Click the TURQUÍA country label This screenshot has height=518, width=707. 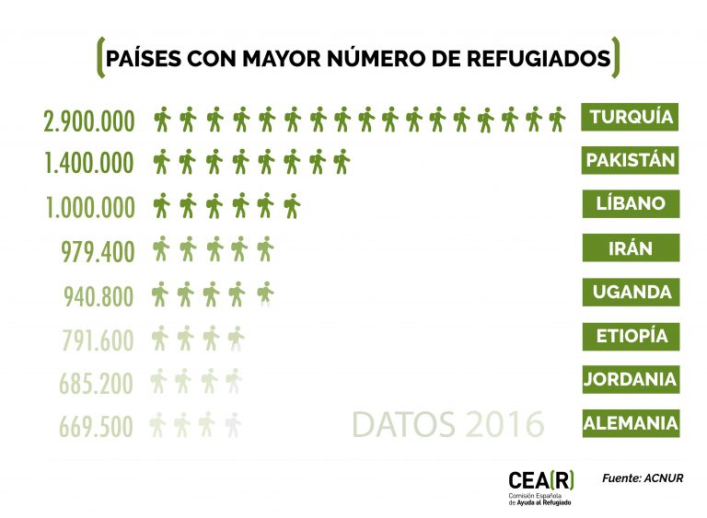click(630, 117)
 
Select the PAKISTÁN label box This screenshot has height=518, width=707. click(630, 160)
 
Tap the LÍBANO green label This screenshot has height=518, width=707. click(631, 203)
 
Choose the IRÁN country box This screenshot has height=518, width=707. click(631, 247)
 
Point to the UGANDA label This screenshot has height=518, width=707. click(631, 293)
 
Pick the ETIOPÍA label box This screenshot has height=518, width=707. click(631, 337)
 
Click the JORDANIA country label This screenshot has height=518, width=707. click(631, 380)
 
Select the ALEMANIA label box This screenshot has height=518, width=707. click(631, 423)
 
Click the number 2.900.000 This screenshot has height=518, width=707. click(88, 121)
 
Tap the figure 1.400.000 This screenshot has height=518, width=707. click(88, 163)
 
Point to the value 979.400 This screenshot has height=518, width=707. click(98, 251)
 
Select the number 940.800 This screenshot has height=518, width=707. click(99, 296)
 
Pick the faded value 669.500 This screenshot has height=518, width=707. click(96, 427)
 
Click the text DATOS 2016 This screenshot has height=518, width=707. click(447, 424)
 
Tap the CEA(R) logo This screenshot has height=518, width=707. click(541, 488)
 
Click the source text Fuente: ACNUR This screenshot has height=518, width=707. click(643, 478)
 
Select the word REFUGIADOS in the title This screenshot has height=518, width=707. click(539, 59)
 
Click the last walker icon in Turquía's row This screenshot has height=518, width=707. click(557, 120)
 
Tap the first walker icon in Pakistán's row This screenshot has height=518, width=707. click(161, 162)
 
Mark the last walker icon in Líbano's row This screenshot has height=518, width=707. click(292, 206)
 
